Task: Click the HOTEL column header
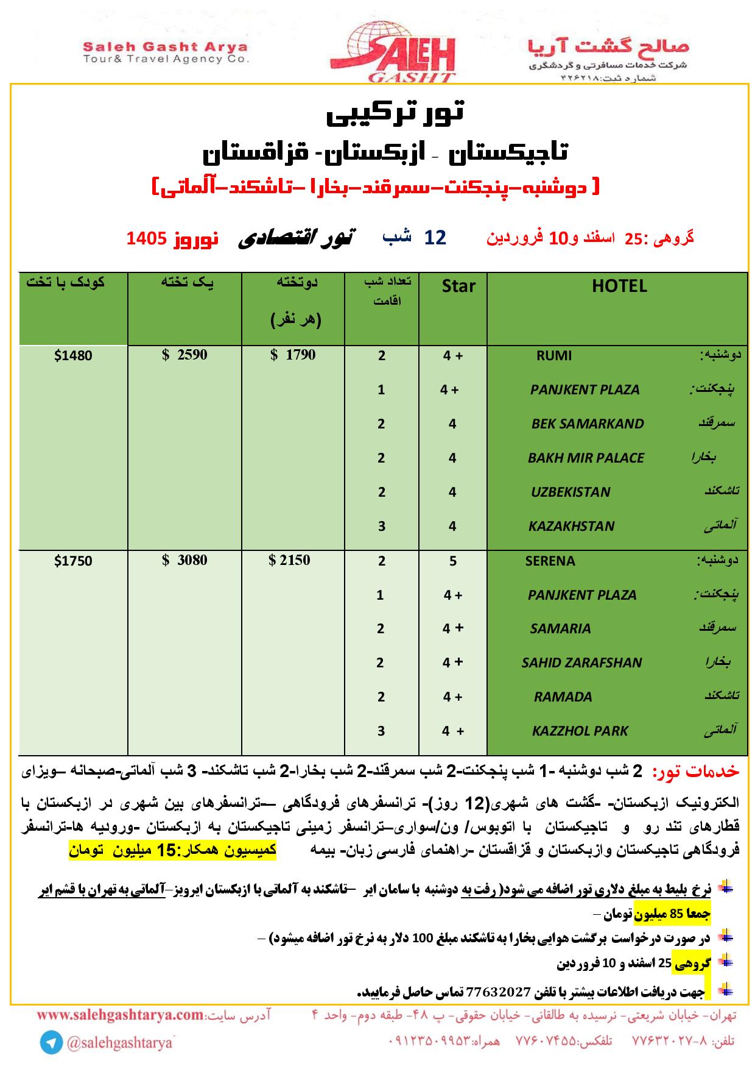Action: [619, 286]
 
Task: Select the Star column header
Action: [458, 286]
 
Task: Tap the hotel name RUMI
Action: [553, 356]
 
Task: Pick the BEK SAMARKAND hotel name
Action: [587, 424]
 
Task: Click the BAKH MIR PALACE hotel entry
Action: [586, 458]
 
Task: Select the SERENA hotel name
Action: [550, 561]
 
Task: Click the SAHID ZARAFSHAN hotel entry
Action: [581, 662]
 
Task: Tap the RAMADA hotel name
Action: [563, 697]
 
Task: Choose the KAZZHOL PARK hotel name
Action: [580, 731]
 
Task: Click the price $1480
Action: [73, 355]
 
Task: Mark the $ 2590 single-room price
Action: [184, 355]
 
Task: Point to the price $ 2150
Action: [290, 560]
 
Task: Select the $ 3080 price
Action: [184, 560]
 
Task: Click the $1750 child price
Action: [73, 561]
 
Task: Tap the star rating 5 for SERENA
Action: [452, 561]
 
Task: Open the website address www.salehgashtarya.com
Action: [120, 1015]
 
